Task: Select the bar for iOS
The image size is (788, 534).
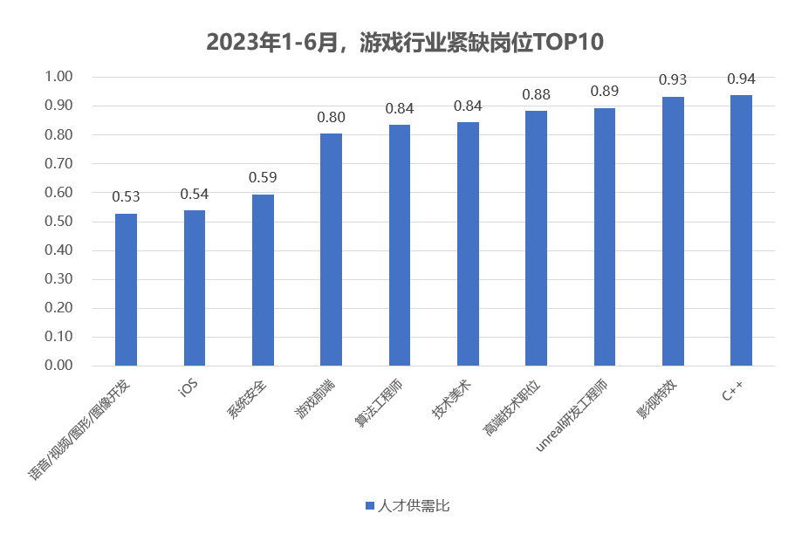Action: pos(195,288)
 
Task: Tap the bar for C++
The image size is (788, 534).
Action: pos(741,230)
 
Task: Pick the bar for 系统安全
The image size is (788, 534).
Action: pos(263,280)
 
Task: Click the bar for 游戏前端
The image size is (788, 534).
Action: pos(332,250)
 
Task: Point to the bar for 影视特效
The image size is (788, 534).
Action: pos(673,231)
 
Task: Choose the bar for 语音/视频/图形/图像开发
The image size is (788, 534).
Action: pos(127,290)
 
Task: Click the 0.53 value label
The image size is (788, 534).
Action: pos(127,197)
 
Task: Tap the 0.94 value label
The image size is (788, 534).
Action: pos(741,79)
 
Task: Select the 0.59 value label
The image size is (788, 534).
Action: pos(263,178)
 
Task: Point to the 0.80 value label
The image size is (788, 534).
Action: pos(332,117)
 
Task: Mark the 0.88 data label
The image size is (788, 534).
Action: pos(536,94)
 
